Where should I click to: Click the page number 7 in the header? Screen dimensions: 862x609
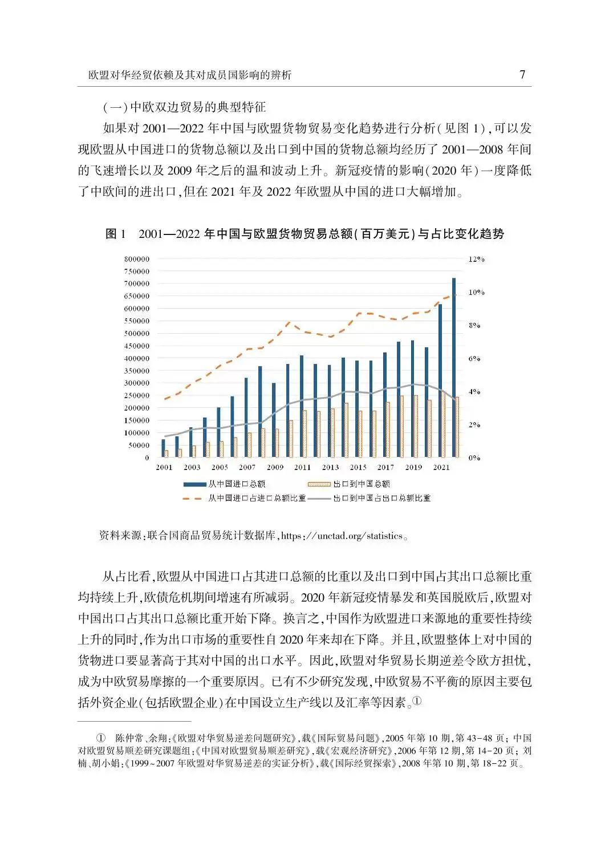pyautogui.click(x=522, y=75)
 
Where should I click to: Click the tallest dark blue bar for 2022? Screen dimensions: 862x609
pyautogui.click(x=454, y=367)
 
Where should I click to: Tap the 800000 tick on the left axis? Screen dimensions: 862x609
pyautogui.click(x=136, y=259)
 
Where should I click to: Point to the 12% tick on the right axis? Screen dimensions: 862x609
pyautogui.click(x=476, y=259)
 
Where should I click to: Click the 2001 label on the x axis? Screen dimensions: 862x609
pyautogui.click(x=164, y=468)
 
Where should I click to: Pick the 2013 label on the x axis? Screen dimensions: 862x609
pyautogui.click(x=330, y=468)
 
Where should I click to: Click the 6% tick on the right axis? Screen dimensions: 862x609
pyautogui.click(x=474, y=359)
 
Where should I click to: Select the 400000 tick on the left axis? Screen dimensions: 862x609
pyautogui.click(x=136, y=358)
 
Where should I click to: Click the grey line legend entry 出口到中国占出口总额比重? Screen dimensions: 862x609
pyautogui.click(x=382, y=498)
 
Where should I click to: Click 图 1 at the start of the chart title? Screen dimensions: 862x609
pyautogui.click(x=115, y=234)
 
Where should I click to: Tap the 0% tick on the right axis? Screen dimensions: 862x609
pyautogui.click(x=474, y=458)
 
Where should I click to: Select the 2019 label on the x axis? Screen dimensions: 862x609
pyautogui.click(x=413, y=468)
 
